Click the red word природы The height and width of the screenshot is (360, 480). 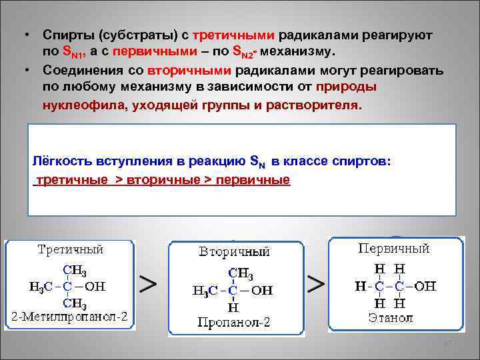click(347, 87)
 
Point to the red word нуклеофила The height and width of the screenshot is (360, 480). click(75, 105)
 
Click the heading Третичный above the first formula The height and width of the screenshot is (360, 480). click(70, 250)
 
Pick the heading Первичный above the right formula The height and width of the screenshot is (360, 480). click(394, 248)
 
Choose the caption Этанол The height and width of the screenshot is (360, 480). click(390, 317)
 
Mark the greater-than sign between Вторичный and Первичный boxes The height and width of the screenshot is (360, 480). click(314, 284)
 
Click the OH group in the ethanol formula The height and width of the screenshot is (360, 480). click(425, 286)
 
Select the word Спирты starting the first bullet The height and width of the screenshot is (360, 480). click(64, 34)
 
